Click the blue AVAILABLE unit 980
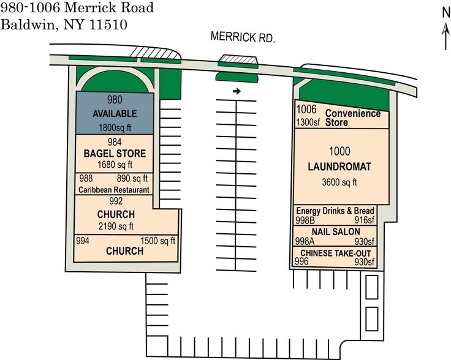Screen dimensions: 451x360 pos(115,113)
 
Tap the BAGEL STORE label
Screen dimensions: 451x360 pos(115,154)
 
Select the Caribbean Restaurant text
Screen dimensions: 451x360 pos(114,190)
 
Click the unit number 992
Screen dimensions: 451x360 pos(116,201)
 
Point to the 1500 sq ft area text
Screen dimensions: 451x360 pos(157,241)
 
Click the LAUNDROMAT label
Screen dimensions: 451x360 pos(339,167)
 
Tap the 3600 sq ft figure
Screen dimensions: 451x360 pos(339,182)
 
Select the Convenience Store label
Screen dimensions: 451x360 pos(353,118)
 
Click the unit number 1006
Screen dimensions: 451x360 pos(306,109)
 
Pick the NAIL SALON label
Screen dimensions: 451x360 pos(336,231)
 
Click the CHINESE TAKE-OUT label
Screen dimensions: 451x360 pos(336,253)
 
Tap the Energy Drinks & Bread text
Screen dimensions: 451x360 pos(335,211)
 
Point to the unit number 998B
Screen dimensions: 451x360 pos(305,220)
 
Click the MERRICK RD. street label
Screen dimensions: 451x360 pos(243,37)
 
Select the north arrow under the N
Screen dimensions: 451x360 pos(446,37)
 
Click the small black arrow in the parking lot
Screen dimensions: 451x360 pos(237,91)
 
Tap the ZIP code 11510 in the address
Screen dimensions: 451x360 pos(108,24)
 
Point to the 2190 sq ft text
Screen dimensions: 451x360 pos(116,226)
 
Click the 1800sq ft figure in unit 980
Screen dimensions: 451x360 pos(115,127)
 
